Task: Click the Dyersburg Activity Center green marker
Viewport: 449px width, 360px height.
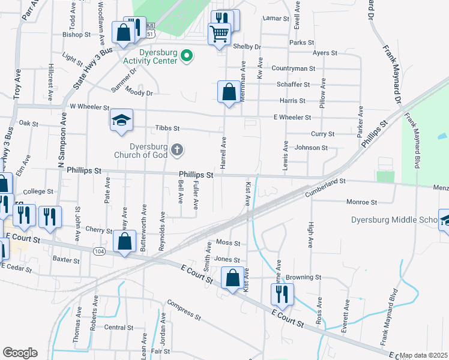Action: pos(187,57)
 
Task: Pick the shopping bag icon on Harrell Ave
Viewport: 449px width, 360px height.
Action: pos(229,92)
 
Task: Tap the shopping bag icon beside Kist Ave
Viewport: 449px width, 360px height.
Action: pos(232,278)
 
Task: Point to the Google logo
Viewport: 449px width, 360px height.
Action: pos(20,353)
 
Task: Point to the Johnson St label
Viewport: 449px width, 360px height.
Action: pos(311,148)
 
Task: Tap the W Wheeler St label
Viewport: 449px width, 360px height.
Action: pos(89,107)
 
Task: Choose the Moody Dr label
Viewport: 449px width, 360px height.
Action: pos(140,92)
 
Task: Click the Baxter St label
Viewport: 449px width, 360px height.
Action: pos(66,260)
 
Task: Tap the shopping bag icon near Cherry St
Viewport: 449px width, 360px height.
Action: pos(124,242)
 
